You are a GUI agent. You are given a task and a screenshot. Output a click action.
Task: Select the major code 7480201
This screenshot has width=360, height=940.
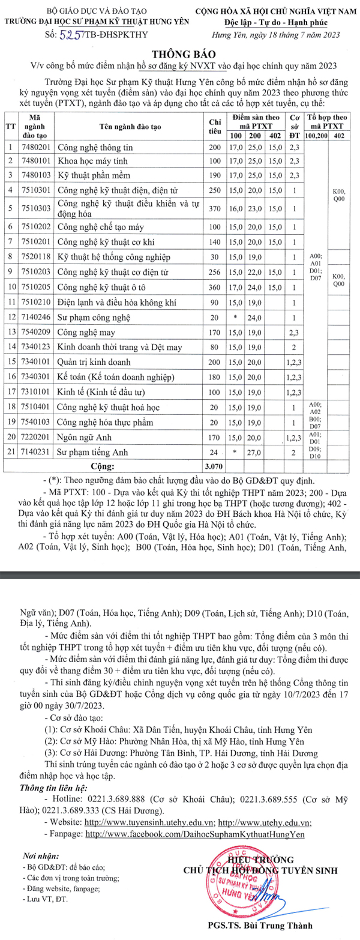coord(35,147)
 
